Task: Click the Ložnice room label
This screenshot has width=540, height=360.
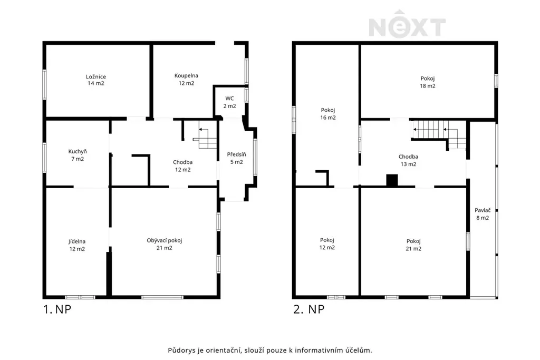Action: [x=96, y=80]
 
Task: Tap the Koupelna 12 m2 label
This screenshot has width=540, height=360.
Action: [x=186, y=80]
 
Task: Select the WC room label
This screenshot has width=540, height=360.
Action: [x=230, y=102]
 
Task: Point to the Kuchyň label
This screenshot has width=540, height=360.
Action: [x=78, y=155]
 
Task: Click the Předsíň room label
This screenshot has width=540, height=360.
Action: [x=237, y=158]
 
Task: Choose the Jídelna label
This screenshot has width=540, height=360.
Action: [x=77, y=245]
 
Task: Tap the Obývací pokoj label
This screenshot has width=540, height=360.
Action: [x=165, y=244]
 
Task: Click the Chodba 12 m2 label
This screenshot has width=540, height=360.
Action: [x=183, y=166]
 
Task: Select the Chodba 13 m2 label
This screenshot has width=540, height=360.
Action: [x=409, y=160]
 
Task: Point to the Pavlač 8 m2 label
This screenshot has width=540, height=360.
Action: [x=483, y=213]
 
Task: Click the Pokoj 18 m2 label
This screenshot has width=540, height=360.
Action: [x=427, y=82]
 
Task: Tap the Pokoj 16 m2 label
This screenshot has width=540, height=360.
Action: [x=328, y=113]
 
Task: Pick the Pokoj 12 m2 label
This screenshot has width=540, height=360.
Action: [x=327, y=244]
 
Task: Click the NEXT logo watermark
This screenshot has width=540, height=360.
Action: [x=407, y=24]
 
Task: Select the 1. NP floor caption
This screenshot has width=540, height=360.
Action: [x=57, y=309]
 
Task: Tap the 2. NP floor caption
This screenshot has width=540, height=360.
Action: [x=309, y=309]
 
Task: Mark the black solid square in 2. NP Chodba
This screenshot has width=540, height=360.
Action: [x=392, y=181]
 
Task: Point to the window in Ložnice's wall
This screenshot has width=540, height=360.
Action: [x=44, y=85]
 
